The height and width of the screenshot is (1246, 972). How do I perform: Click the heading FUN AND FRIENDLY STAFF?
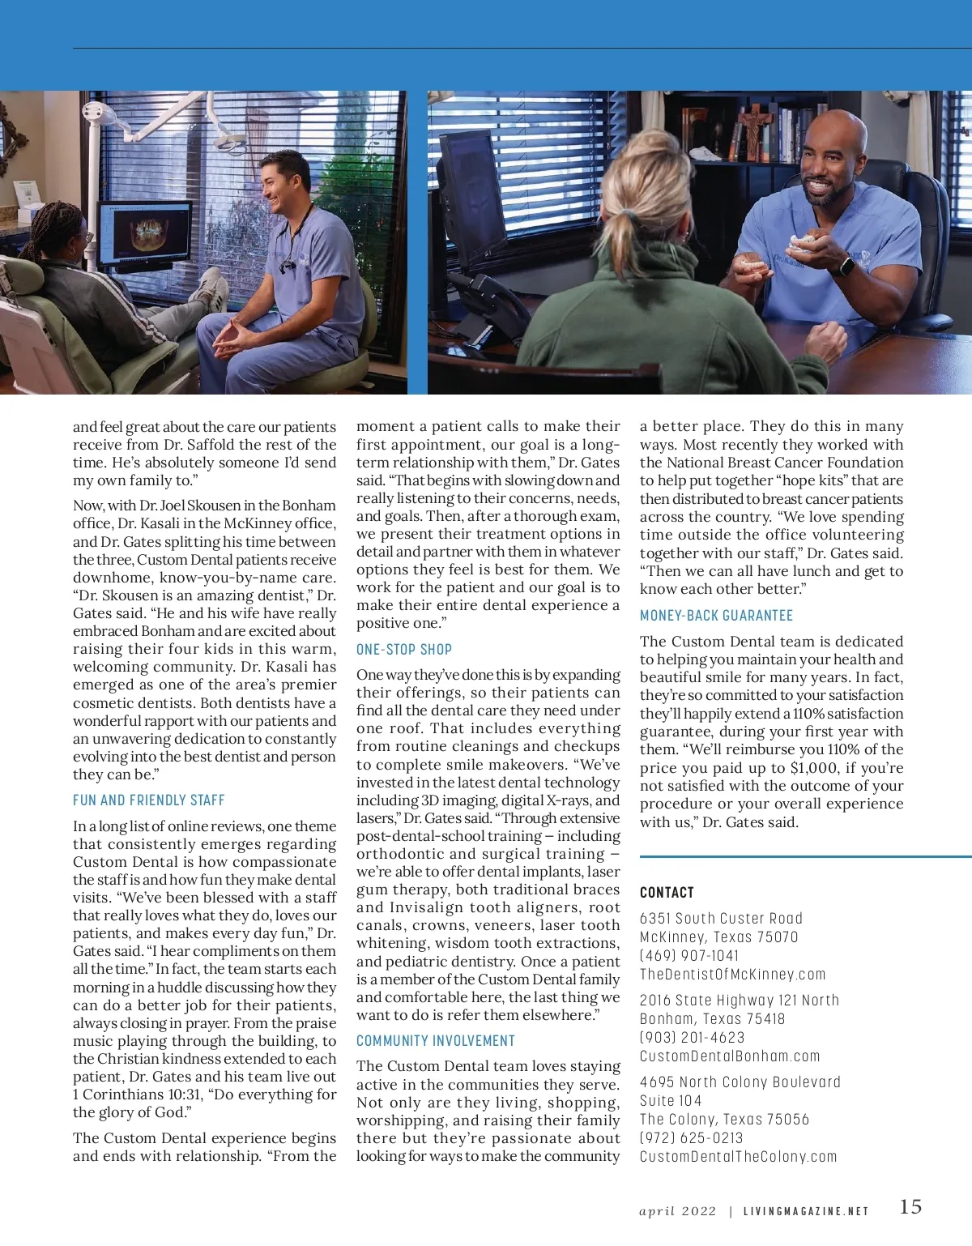pos(149,800)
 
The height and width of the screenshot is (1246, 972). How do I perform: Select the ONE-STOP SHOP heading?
pos(404,649)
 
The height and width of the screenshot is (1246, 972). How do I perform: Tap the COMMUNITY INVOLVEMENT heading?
pos(436,1040)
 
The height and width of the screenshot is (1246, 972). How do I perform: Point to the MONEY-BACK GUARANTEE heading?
pos(716,616)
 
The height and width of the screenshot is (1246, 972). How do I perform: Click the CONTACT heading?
pos(667,892)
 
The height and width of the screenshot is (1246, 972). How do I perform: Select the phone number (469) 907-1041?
pos(689,955)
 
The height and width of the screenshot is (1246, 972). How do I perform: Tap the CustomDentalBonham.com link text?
pos(730,1056)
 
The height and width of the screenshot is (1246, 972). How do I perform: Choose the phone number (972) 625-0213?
pos(691,1137)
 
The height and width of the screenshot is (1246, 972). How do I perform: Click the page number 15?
pos(910,1207)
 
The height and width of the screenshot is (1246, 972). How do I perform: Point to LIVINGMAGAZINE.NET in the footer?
pos(806,1211)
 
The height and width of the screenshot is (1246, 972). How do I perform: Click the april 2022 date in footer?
pos(678,1211)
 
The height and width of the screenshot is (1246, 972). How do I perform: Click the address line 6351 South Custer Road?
pos(721,918)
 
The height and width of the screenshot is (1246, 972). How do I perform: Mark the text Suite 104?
pos(671,1100)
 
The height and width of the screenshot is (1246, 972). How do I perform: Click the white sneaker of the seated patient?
pos(212,290)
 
